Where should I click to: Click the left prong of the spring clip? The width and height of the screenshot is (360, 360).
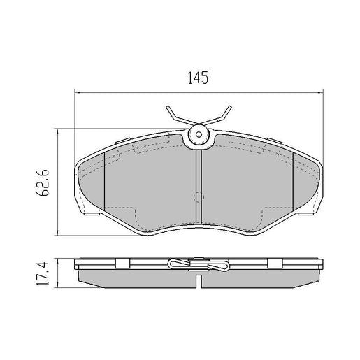click(175, 115)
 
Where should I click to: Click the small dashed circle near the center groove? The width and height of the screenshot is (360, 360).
click(199, 197)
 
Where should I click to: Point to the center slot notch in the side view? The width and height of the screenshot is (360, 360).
click(199, 280)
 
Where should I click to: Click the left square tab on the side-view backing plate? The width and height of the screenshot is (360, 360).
click(120, 263)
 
